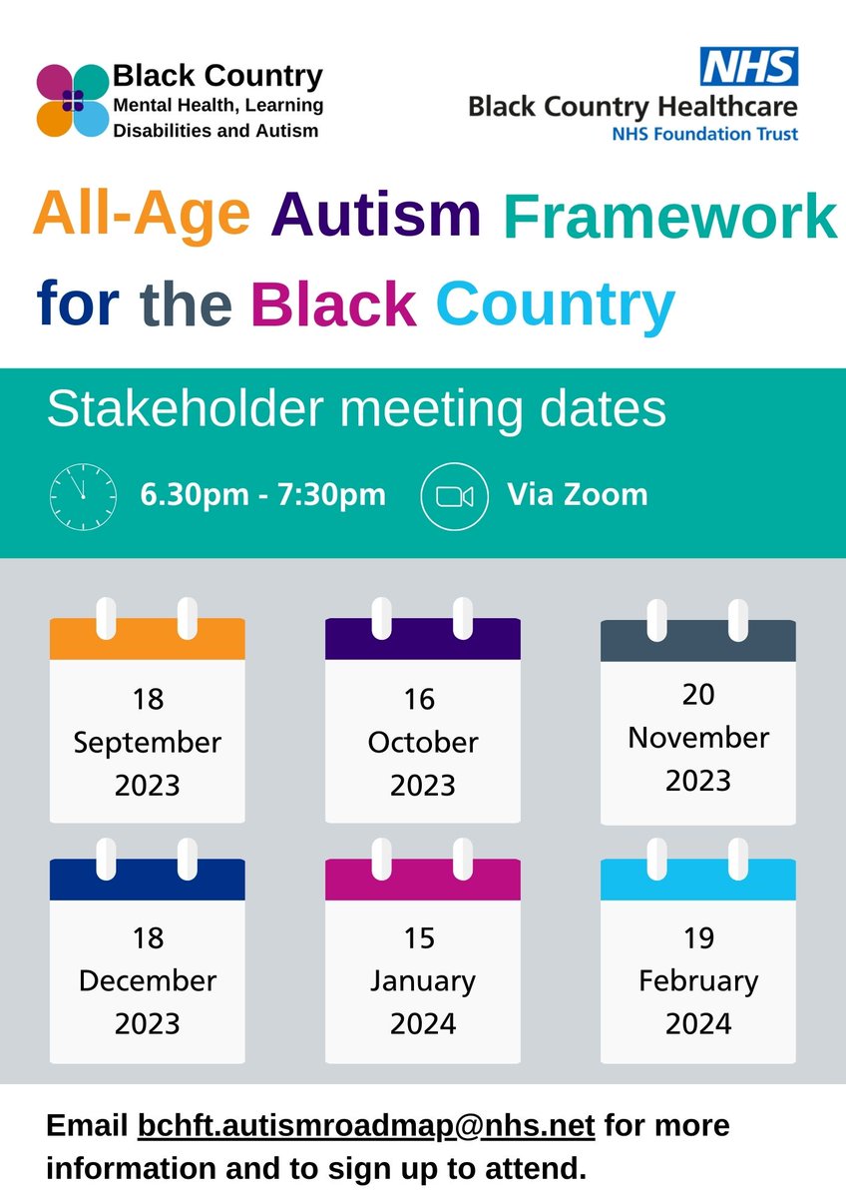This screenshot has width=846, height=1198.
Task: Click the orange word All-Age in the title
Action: (142, 214)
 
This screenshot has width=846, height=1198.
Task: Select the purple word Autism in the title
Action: (376, 214)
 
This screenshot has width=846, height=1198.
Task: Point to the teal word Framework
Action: (669, 216)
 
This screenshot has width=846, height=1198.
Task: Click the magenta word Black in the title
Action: (333, 302)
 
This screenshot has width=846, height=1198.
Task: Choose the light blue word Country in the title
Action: (555, 302)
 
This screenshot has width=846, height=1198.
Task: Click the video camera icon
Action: (454, 495)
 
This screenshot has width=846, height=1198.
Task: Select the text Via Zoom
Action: (577, 494)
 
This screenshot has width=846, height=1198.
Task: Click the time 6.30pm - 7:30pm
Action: (262, 494)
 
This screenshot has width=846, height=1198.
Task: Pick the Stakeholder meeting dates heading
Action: (356, 410)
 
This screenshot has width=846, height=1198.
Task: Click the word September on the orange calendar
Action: (147, 743)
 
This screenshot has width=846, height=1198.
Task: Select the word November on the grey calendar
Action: (698, 737)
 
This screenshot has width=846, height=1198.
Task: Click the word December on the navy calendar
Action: (147, 980)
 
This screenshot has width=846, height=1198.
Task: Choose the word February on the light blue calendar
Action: (698, 980)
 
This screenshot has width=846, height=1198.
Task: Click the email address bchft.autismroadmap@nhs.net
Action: (366, 1126)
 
